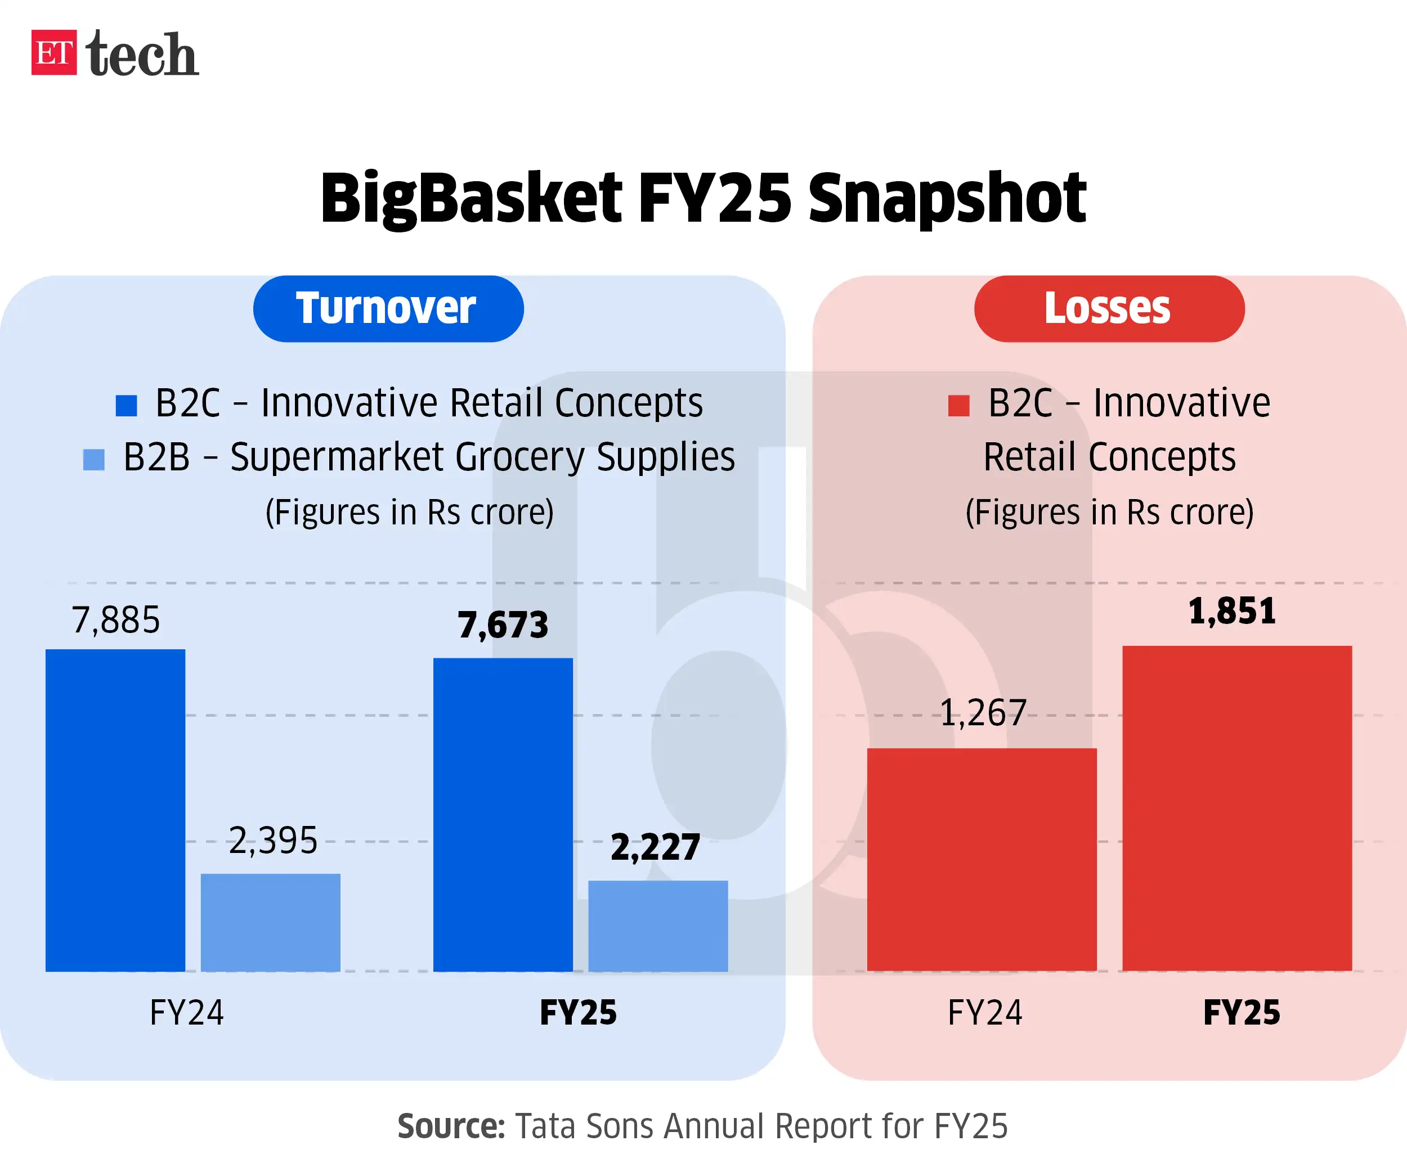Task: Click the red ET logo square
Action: coord(53,52)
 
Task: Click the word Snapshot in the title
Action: coord(947,199)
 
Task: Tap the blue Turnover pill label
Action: coord(388,309)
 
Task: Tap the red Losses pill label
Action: coord(1109,309)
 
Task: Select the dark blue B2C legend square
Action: coord(126,405)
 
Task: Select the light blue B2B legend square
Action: coord(94,460)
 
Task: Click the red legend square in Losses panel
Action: coord(958,405)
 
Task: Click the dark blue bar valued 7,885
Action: coord(115,810)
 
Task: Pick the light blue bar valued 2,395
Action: coord(270,922)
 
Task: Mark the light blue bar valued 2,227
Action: coord(657,926)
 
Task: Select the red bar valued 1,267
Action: coord(982,859)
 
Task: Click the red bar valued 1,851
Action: coord(1237,809)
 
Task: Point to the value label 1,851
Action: coord(1231,612)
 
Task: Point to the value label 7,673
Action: coord(503,625)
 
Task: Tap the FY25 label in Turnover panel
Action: coord(577,1012)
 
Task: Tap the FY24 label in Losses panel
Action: coord(984,1012)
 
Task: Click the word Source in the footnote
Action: coord(450,1126)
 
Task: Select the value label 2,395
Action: coord(273,841)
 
